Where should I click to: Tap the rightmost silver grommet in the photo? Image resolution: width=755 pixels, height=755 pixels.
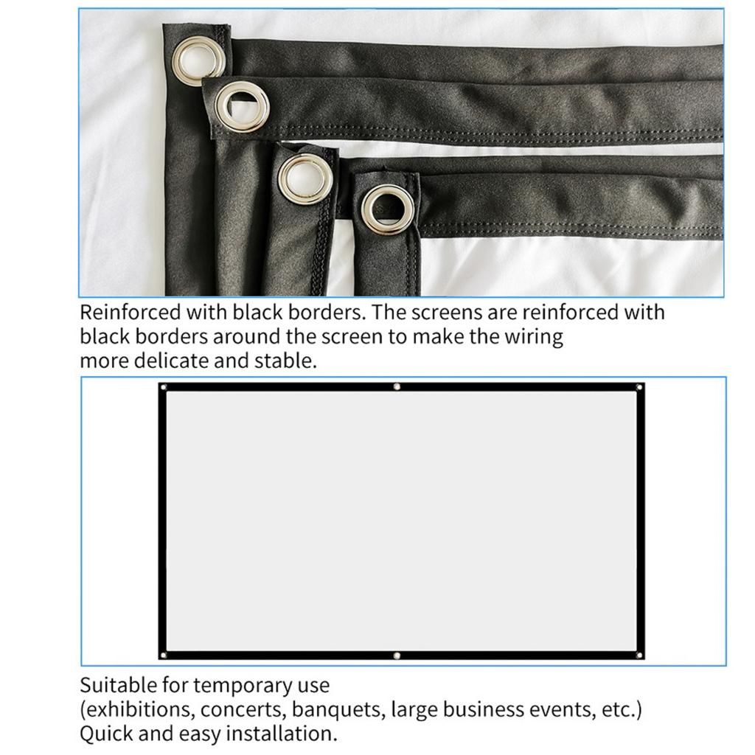386,209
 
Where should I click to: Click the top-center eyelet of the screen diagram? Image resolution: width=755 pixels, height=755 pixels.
397,386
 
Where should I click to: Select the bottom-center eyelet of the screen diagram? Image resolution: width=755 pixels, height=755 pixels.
397,655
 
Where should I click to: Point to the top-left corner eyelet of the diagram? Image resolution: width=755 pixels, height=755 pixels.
164,387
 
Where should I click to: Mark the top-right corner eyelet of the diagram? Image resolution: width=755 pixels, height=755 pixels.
639,387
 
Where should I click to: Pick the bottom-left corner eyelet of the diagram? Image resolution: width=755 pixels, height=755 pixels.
164,654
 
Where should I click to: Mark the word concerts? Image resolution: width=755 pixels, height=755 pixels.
243,710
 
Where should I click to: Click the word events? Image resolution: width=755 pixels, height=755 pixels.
563,710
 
